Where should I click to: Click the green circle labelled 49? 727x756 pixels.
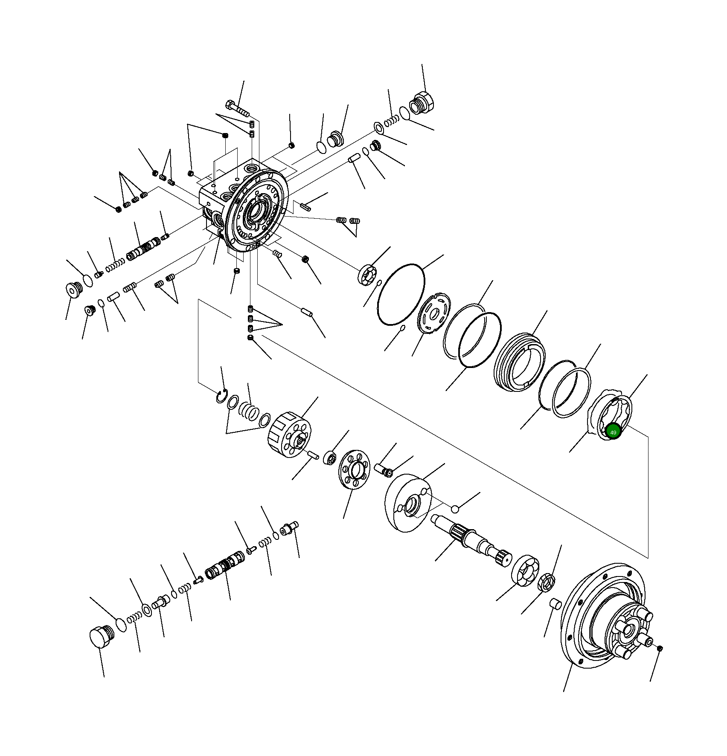(x=613, y=432)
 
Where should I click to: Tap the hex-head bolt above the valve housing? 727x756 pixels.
(x=237, y=108)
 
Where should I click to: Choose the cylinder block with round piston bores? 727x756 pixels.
(x=290, y=434)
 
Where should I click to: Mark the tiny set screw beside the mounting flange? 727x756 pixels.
(x=660, y=649)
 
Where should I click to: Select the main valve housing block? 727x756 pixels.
(x=243, y=205)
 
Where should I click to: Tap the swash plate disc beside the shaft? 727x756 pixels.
(x=408, y=503)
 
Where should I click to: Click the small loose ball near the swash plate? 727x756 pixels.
(x=455, y=509)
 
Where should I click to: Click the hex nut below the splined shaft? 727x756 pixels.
(x=546, y=582)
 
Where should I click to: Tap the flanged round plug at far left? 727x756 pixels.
(x=74, y=290)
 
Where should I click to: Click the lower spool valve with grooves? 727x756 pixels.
(x=224, y=567)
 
